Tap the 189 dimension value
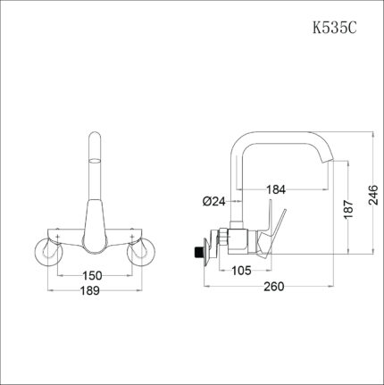(90, 292)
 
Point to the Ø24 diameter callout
(213, 201)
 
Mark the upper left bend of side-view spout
(239, 141)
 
